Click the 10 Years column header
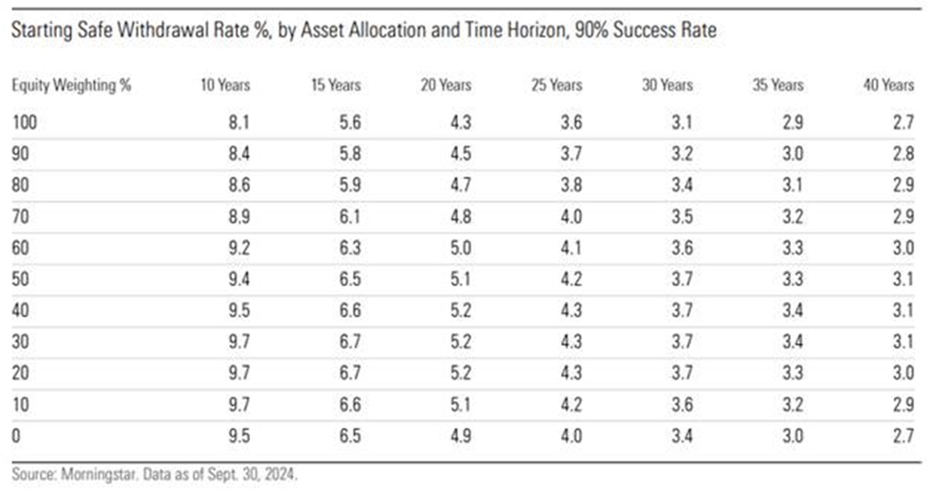coord(225,85)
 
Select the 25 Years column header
coord(556,85)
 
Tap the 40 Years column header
coord(889,85)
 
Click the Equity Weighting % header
coord(71,86)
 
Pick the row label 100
coord(24,122)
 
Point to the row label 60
coord(20,247)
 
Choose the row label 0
coord(16,436)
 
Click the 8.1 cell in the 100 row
coord(239,122)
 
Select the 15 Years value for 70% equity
coord(350,216)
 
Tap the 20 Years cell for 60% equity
coord(460,247)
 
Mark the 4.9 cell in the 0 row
coord(460,436)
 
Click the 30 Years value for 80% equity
coord(682,185)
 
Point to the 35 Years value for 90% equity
coord(793,154)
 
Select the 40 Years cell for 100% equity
coord(903,122)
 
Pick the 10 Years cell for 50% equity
coord(239,279)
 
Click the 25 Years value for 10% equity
coord(571,405)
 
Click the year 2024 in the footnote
coord(281,475)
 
